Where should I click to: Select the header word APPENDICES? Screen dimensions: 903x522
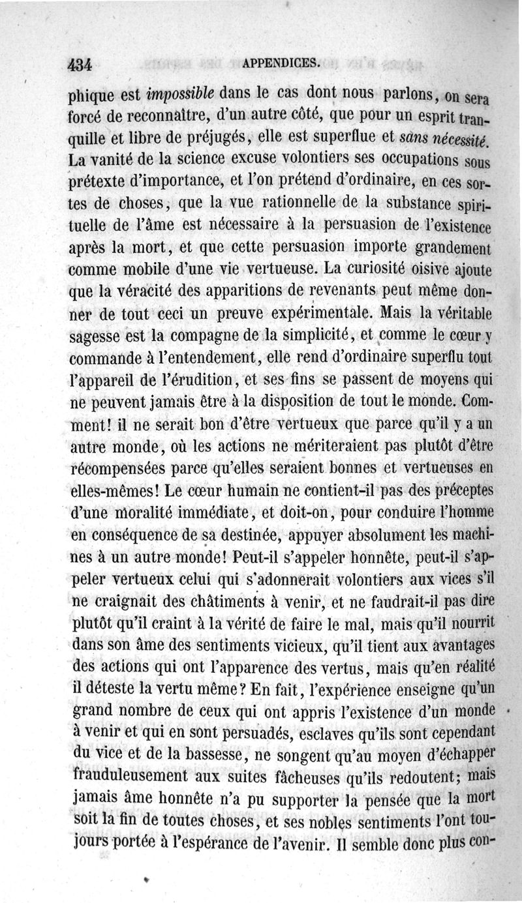point(281,63)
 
